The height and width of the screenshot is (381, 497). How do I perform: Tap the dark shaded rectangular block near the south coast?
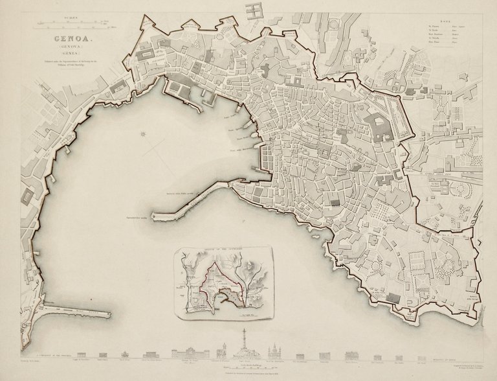pos(393,297)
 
